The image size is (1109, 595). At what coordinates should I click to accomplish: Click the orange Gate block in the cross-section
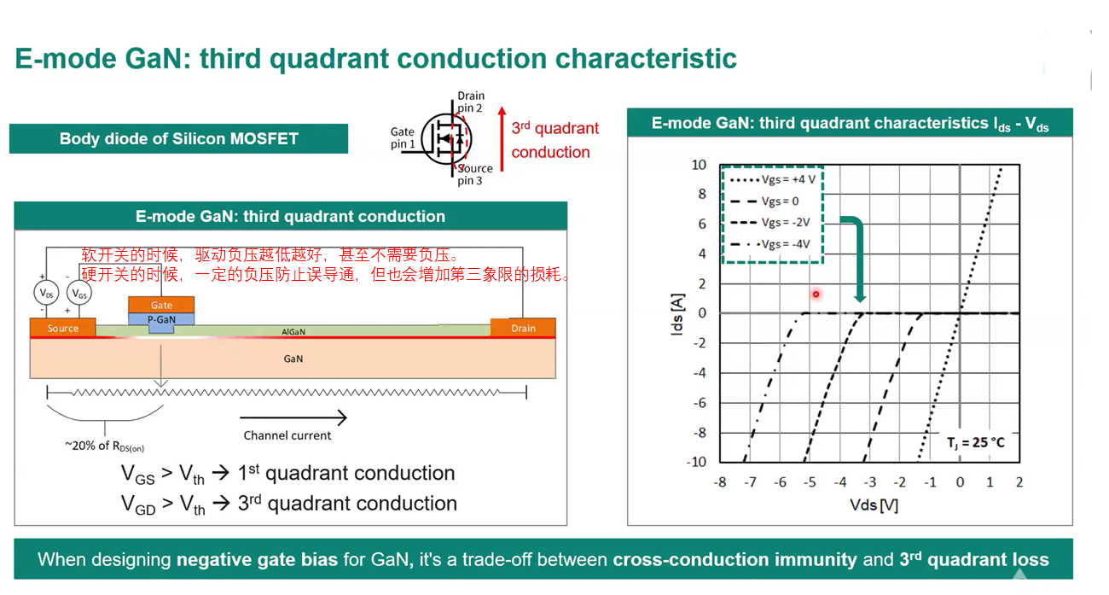coord(161,305)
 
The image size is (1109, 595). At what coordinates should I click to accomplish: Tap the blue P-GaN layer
coord(161,320)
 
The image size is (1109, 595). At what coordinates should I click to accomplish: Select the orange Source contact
coord(63,328)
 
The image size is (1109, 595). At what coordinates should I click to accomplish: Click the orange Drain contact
coord(523,328)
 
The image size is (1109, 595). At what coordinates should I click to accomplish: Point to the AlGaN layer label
coord(293,331)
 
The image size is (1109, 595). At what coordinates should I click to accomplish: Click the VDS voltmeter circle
coord(47,293)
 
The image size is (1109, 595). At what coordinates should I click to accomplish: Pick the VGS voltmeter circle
coord(79,293)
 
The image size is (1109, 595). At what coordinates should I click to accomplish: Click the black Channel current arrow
coord(293,417)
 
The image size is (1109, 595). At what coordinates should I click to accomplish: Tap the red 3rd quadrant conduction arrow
coord(502,139)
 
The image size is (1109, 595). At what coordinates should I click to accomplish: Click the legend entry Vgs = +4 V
coord(773,179)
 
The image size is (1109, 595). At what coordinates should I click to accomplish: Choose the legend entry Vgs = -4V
coord(770,244)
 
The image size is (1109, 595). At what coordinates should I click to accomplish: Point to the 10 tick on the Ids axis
coord(699,165)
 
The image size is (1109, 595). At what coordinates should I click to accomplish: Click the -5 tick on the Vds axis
coord(810,481)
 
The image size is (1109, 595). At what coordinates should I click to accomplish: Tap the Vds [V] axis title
coord(874,505)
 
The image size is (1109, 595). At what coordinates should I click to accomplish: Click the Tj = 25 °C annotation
coord(975,442)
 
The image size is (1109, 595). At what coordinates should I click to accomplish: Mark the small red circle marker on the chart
coord(816,295)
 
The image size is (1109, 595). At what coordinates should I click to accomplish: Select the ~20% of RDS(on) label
coord(104,446)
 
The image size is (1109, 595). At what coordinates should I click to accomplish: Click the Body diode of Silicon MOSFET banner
coord(179,138)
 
